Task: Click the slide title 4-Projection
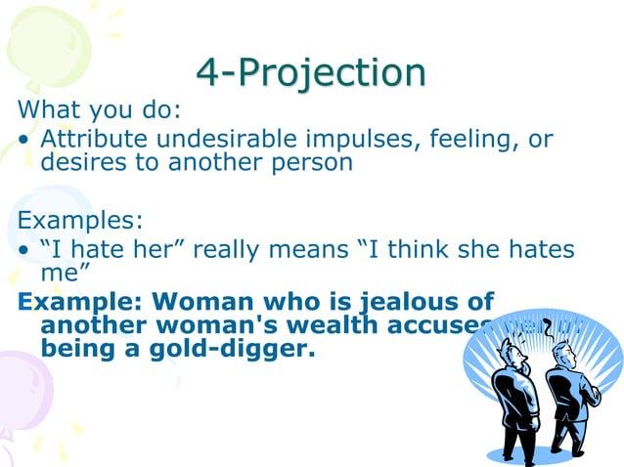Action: (x=311, y=71)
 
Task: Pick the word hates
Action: (x=537, y=249)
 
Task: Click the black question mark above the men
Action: (x=549, y=326)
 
